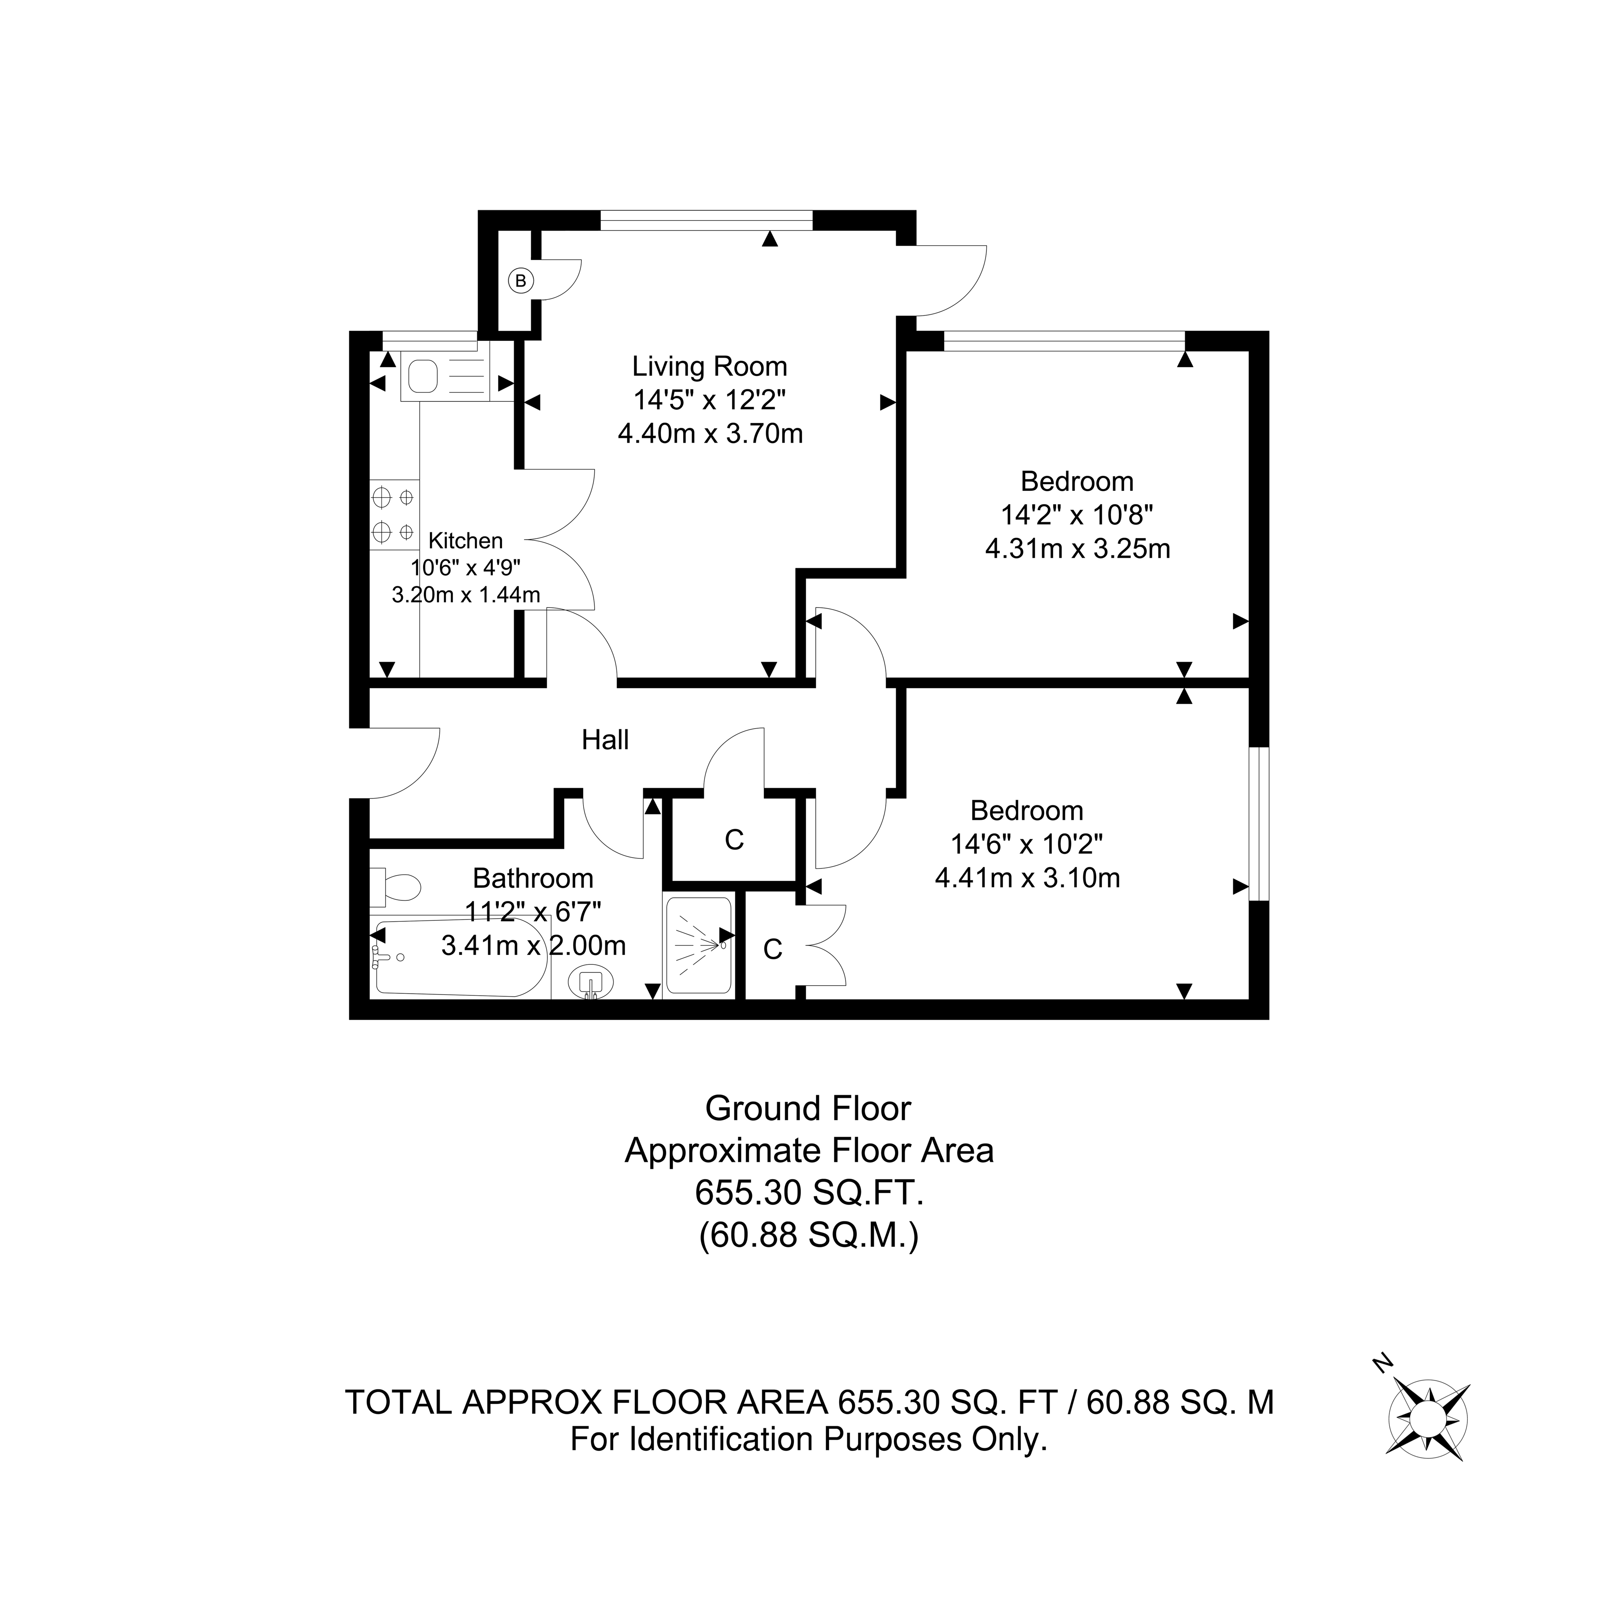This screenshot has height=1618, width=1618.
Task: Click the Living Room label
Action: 709,367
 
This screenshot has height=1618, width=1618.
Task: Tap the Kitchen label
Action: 466,541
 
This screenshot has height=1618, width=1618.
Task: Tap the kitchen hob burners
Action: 393,514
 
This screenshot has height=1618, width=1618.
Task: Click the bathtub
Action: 459,957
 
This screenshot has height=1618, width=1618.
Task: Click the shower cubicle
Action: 698,945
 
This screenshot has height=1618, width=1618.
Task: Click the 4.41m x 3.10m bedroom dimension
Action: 1027,878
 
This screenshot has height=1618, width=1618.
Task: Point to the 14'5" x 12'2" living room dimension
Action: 709,400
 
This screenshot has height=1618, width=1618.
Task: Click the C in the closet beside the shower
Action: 772,949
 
